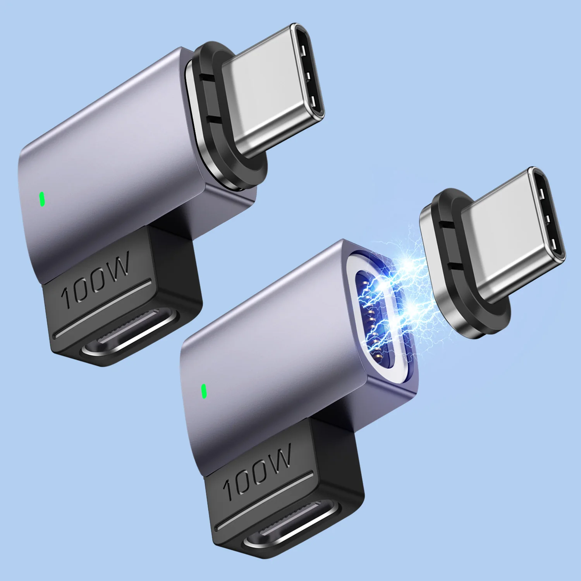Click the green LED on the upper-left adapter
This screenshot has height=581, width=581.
tap(42, 199)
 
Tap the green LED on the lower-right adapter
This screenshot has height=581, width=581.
tap(203, 391)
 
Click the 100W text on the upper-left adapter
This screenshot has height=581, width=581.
tap(95, 279)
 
